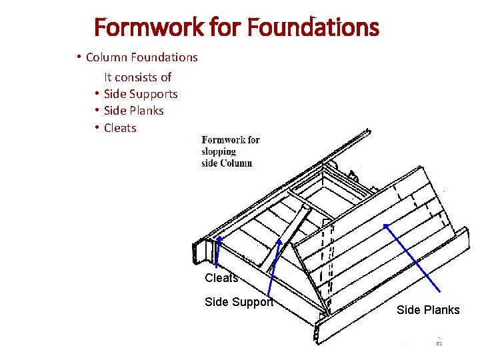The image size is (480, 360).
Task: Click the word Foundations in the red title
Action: [313, 28]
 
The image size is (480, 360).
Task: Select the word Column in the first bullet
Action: [106, 57]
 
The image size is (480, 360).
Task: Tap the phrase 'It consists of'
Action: [137, 77]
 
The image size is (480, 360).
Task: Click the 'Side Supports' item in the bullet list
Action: [141, 94]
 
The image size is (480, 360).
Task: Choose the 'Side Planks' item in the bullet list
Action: [133, 111]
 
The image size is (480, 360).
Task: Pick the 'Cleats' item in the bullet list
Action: [120, 128]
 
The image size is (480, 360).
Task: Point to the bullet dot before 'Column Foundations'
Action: [79, 57]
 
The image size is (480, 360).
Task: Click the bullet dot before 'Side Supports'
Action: [97, 94]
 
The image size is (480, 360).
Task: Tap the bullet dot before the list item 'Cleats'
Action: [97, 128]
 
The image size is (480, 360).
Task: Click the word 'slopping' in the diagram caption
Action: [219, 151]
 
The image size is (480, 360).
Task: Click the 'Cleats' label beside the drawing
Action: [221, 278]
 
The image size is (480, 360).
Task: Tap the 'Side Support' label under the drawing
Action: [239, 302]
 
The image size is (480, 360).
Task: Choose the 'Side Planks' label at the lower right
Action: [428, 310]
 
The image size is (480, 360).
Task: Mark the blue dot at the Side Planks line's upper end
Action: [386, 226]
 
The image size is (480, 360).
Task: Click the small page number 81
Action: [439, 343]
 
